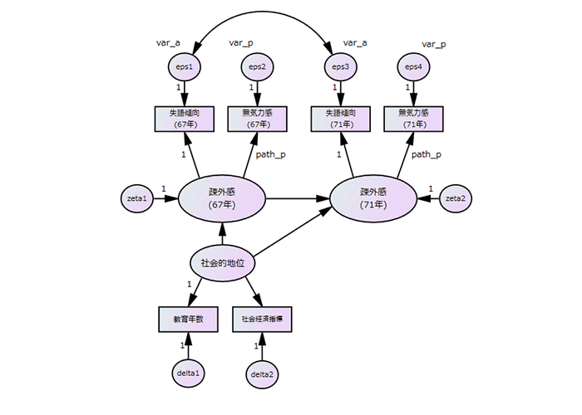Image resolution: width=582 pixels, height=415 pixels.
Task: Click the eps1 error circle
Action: [x=185, y=66]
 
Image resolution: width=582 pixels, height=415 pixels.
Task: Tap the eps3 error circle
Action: [x=339, y=66]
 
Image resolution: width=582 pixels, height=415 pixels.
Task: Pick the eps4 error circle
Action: [x=413, y=66]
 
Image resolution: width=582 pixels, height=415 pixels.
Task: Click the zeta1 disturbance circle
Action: [x=137, y=200]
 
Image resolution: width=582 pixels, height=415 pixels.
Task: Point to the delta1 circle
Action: [x=188, y=373]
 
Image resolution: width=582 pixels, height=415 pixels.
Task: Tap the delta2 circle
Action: [x=263, y=374]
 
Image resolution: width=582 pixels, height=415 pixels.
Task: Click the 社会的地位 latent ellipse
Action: [x=222, y=263]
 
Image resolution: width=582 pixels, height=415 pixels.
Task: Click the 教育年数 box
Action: [x=188, y=319]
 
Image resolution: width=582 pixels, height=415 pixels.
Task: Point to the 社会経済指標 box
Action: [x=263, y=319]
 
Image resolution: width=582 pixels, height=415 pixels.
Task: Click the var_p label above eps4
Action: [x=433, y=43]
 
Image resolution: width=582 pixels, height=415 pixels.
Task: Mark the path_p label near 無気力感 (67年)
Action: [x=270, y=154]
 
